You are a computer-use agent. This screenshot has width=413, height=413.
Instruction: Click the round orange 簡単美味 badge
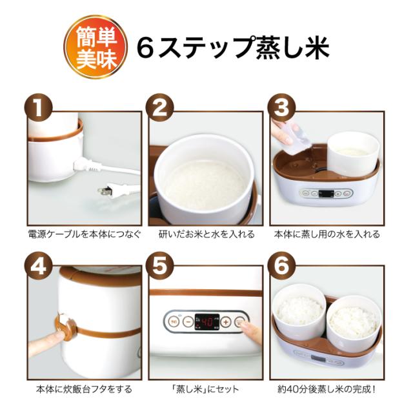point(96,47)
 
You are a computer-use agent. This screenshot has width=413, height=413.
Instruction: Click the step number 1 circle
point(39,108)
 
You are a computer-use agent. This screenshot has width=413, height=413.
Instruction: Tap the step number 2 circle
point(160,108)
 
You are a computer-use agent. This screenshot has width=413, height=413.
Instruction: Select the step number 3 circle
point(281,108)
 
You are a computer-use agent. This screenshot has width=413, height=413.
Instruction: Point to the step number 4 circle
point(39,266)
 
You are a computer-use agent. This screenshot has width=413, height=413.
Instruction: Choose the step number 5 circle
point(160,266)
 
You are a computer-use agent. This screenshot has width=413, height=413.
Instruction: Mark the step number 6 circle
point(281,266)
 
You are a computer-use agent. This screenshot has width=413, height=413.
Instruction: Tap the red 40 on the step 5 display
point(207,322)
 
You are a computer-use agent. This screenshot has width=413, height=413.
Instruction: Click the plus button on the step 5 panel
point(226,321)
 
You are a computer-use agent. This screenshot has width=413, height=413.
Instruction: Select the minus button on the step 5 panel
point(188,321)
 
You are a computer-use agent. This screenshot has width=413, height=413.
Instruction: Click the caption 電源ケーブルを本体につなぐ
point(85,234)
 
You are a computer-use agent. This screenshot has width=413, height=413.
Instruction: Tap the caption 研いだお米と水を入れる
point(206,234)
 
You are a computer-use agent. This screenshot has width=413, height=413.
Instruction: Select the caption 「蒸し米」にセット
point(205,389)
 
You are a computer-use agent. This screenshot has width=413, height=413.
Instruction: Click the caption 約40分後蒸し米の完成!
point(327,389)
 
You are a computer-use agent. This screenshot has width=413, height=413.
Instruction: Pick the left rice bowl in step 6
point(299,308)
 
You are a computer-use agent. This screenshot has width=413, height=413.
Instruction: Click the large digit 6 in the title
point(145,47)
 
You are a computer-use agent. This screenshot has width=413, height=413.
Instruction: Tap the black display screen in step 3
point(327,194)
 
